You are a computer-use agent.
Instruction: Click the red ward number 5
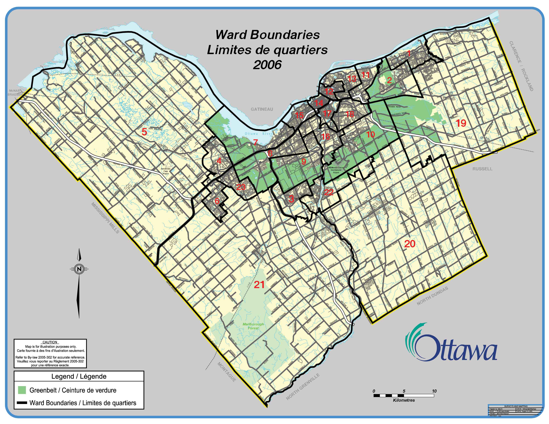(144, 132)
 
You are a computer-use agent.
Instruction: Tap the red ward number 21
(259, 285)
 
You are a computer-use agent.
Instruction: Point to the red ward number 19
(461, 123)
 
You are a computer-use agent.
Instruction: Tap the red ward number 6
(217, 201)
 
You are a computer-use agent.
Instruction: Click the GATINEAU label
(262, 109)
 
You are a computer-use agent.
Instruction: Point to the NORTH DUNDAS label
(432, 296)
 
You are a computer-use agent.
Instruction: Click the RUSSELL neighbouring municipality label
(482, 169)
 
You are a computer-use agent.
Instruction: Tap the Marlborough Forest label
(253, 326)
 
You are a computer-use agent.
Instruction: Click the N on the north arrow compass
(79, 269)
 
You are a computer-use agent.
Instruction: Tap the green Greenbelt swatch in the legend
(22, 390)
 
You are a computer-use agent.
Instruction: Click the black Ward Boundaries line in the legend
(22, 403)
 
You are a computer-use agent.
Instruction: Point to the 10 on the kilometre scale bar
(434, 391)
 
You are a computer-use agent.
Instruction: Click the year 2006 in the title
(267, 65)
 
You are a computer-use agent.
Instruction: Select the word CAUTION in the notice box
(50, 342)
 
